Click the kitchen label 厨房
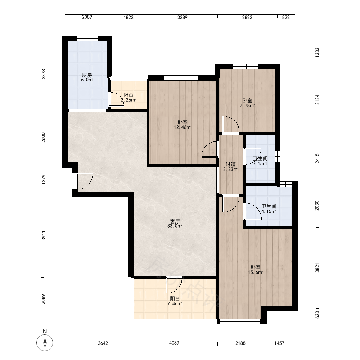coord(87,75)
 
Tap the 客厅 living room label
coord(175,221)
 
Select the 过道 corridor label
coord(231,165)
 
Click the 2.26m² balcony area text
coord(129,100)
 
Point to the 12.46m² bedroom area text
coord(183,127)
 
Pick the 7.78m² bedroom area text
coord(247,105)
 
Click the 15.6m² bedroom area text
coord(255,273)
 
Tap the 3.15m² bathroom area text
coord(260,164)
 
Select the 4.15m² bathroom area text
coord(269,211)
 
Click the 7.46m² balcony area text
coord(175,304)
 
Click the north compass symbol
coord(45,343)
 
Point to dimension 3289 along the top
coord(182,17)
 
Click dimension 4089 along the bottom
coord(174,343)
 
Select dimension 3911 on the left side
coord(44,236)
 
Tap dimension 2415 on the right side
coord(317,158)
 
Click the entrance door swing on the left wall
coord(85,181)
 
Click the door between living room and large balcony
coord(174,285)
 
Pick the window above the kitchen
coord(87,39)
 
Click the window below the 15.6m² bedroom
coord(240,321)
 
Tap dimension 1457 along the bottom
coord(279,343)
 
